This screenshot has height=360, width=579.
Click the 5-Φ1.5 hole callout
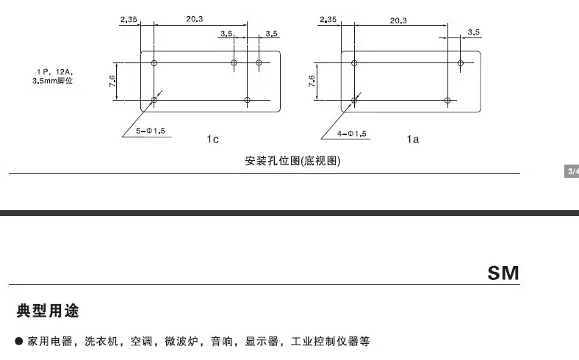pyautogui.click(x=150, y=131)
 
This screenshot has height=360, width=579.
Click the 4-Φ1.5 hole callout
pyautogui.click(x=351, y=134)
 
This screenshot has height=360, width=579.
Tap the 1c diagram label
pyautogui.click(x=214, y=139)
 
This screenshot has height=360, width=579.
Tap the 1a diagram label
pyautogui.click(x=413, y=139)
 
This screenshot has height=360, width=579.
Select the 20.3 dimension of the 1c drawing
pyautogui.click(x=194, y=20)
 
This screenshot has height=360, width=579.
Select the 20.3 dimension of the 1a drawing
pyautogui.click(x=398, y=21)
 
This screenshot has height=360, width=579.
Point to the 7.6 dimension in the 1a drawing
pyautogui.click(x=312, y=82)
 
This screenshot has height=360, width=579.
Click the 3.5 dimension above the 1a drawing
pyautogui.click(x=473, y=32)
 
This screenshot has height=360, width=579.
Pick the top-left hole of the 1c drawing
pyautogui.click(x=154, y=62)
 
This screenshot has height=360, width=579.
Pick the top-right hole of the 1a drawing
pyautogui.click(x=461, y=62)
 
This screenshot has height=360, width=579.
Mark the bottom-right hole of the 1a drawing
pyautogui.click(x=448, y=100)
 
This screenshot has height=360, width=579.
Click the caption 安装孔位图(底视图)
pyautogui.click(x=292, y=161)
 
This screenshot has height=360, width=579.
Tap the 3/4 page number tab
pyautogui.click(x=571, y=172)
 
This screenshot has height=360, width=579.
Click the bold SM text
pyautogui.click(x=503, y=273)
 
